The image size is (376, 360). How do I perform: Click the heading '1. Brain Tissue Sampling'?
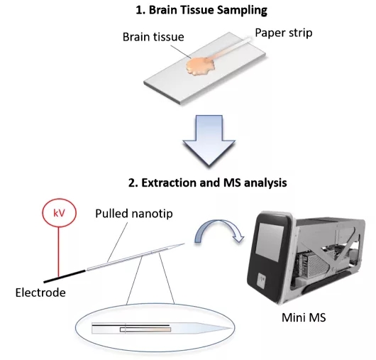point(201,11)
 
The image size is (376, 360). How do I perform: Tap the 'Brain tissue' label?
point(153,37)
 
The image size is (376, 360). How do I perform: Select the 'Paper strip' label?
point(284,33)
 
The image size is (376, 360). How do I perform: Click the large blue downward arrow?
point(209,141)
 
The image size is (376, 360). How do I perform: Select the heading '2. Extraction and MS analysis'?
point(207,183)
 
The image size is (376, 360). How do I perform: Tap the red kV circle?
point(59,212)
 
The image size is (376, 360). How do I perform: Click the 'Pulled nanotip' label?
point(134,214)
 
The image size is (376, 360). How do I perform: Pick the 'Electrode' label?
point(40,293)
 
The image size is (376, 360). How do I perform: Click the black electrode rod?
point(65,276)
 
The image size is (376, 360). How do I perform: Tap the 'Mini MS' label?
point(304,317)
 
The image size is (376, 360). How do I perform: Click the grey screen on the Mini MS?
point(270,242)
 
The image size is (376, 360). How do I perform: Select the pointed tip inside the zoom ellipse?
point(232,328)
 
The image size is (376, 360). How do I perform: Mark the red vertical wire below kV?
point(59,251)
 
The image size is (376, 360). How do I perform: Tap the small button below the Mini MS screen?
point(261,280)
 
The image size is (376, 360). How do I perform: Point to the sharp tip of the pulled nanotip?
point(184,244)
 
